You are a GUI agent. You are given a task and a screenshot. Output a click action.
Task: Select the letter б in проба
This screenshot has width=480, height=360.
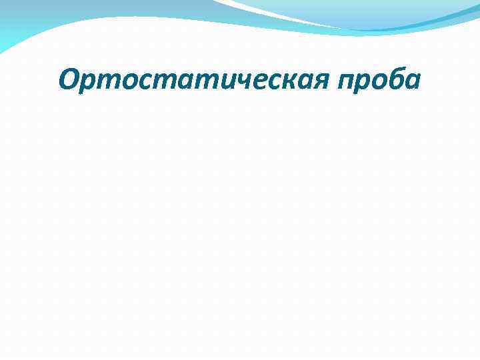[395, 80]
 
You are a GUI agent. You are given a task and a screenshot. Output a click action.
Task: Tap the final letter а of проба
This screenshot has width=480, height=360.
[412, 82]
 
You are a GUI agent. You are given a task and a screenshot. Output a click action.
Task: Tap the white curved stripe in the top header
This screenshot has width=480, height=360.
[280, 15]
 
